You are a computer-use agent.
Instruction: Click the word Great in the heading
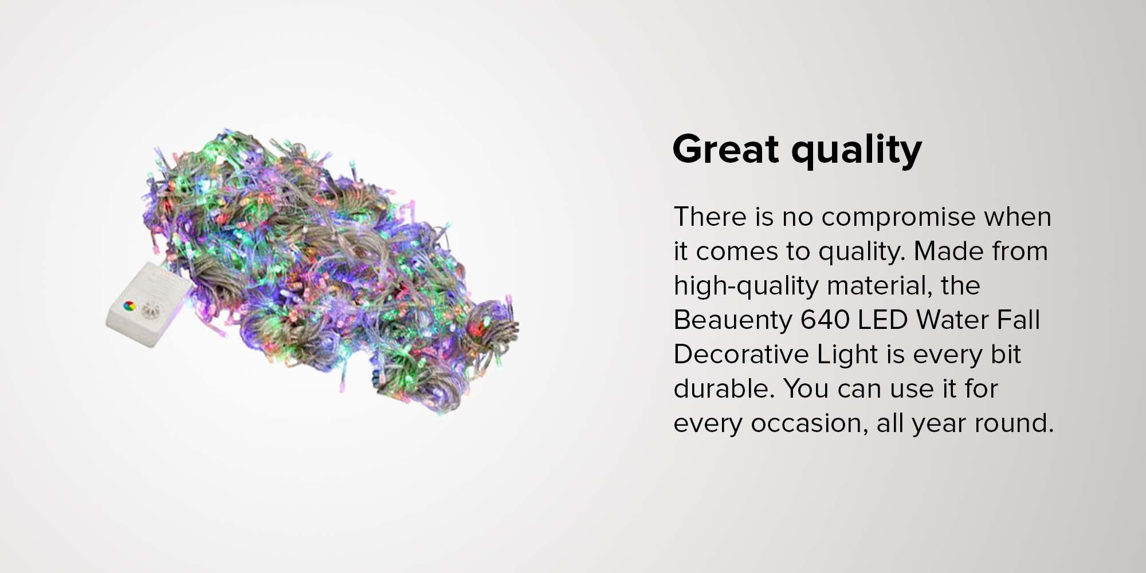726,149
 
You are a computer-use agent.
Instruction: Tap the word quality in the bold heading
857,151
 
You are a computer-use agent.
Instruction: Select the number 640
825,320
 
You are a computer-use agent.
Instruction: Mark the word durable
724,388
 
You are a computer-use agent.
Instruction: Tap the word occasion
804,423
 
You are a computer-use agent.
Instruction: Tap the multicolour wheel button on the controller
129,305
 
